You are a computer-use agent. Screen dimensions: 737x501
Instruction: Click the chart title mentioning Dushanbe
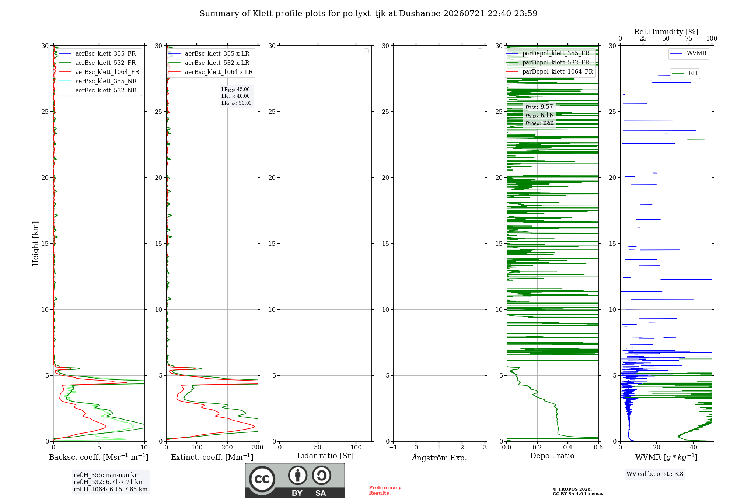pyautogui.click(x=368, y=14)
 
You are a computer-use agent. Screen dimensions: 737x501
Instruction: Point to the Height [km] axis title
pyautogui.click(x=35, y=244)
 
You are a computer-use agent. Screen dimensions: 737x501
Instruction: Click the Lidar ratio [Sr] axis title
pyautogui.click(x=325, y=456)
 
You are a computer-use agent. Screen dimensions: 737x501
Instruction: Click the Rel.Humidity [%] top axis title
pyautogui.click(x=666, y=32)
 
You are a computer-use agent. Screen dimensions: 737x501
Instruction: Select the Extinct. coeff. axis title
pyautogui.click(x=212, y=457)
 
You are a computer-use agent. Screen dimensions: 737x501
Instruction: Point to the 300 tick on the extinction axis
pyautogui.click(x=258, y=447)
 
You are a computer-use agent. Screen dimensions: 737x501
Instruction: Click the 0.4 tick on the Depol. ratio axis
pyautogui.click(x=568, y=447)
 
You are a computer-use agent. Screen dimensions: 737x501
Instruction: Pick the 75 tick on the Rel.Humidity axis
pyautogui.click(x=689, y=38)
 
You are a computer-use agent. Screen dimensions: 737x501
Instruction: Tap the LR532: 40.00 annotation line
pyautogui.click(x=235, y=96)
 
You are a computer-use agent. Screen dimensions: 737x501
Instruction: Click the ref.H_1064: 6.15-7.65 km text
pyautogui.click(x=111, y=489)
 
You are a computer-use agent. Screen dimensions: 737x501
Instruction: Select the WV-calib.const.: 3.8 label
pyautogui.click(x=655, y=474)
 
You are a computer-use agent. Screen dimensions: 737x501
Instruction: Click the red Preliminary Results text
pyautogui.click(x=385, y=490)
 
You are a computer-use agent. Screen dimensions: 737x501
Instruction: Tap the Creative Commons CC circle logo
pyautogui.click(x=262, y=479)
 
